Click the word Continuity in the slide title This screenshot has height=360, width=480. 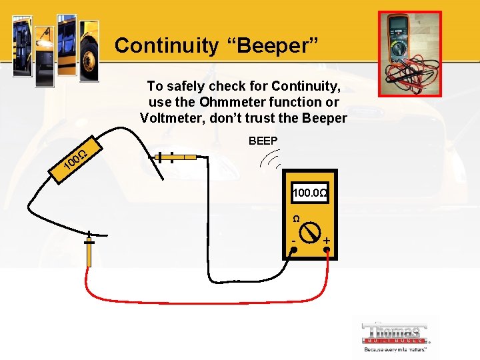pyautogui.click(x=166, y=45)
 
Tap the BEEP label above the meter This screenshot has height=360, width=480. pyautogui.click(x=263, y=141)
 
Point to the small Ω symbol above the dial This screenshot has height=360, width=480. pyautogui.click(x=296, y=218)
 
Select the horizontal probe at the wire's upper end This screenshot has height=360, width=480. pyautogui.click(x=175, y=158)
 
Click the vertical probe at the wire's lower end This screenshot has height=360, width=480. pyautogui.click(x=89, y=249)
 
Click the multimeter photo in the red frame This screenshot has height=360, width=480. pyautogui.click(x=409, y=53)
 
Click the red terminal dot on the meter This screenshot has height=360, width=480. pyautogui.click(x=327, y=250)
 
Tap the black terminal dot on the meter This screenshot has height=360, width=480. pyautogui.click(x=293, y=250)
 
